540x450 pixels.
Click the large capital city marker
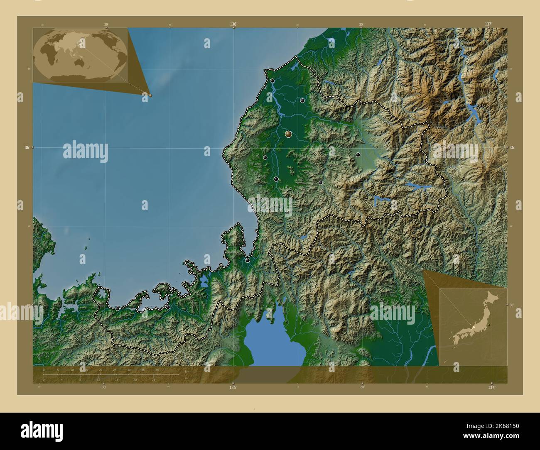click(289, 134)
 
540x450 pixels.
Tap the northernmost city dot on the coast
click(272, 81)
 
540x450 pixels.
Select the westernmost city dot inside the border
click(118, 308)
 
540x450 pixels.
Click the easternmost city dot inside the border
click(358, 155)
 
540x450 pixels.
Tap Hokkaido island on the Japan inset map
click(494, 298)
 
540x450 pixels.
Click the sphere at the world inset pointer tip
click(150, 95)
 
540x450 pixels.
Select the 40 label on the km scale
click(157, 369)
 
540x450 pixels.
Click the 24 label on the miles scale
click(153, 379)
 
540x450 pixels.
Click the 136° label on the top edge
click(233, 24)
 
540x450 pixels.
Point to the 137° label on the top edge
click(488, 24)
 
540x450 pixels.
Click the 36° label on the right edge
click(512, 147)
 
